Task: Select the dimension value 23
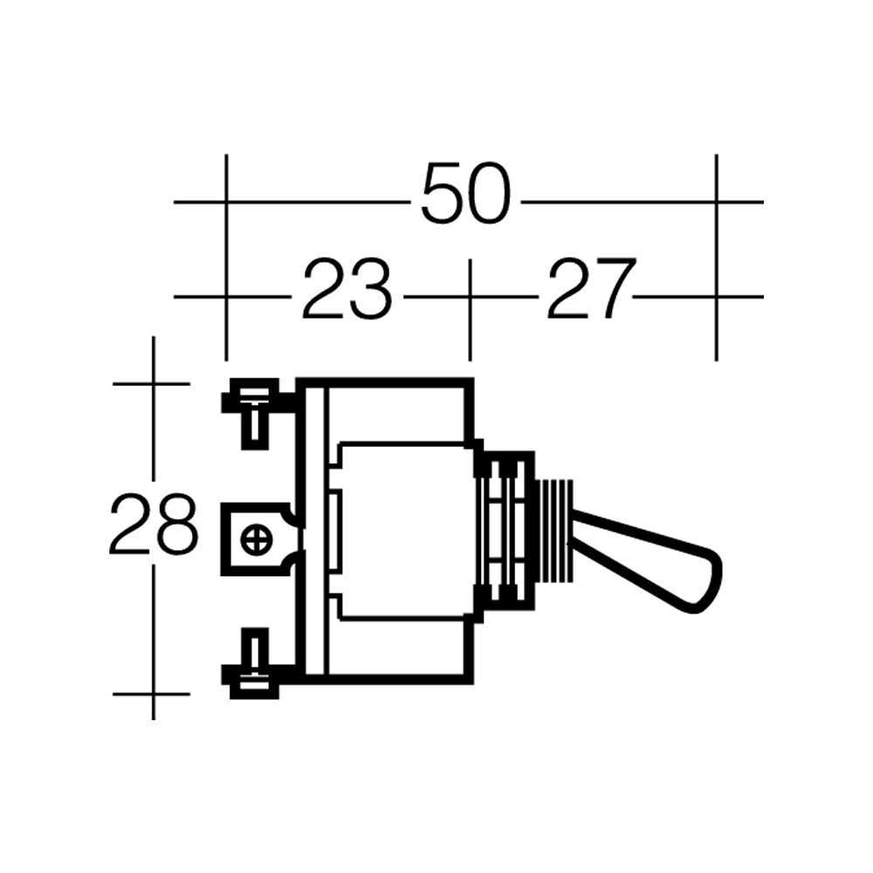pos(347,289)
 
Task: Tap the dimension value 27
pos(588,289)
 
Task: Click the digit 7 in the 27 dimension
pos(609,289)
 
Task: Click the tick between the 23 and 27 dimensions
pos(470,297)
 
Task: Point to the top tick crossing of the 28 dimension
pos(154,383)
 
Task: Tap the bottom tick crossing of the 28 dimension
pos(154,694)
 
